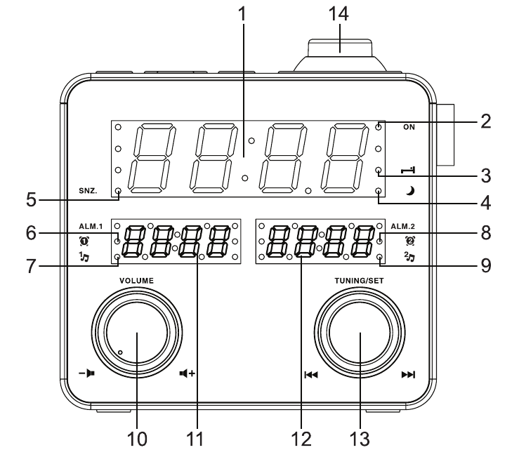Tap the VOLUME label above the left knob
tap(136, 279)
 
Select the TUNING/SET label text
tap(360, 279)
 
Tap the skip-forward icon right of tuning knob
tap(408, 375)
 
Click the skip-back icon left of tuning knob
tap(310, 375)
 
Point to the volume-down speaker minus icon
tap(86, 375)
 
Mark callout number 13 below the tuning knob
tap(359, 439)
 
